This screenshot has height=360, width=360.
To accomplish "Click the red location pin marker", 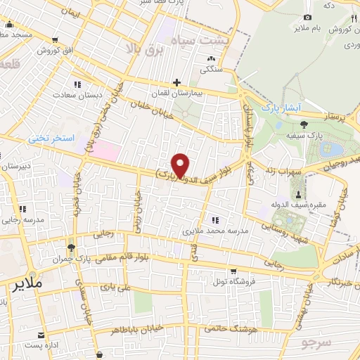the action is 181,165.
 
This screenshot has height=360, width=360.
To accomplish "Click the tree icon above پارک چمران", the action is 71,247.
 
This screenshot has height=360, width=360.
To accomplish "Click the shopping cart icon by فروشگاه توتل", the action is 233,271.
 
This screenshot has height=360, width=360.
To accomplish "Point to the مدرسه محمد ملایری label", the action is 213,231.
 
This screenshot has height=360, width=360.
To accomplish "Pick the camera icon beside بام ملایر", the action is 307,17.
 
